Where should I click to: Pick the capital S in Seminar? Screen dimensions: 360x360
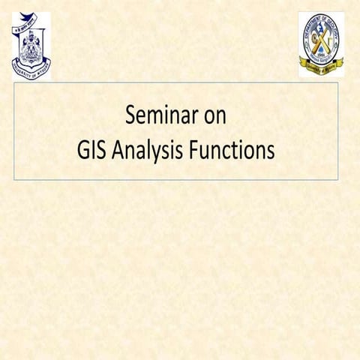[130, 117]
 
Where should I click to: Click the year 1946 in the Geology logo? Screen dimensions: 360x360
[321, 57]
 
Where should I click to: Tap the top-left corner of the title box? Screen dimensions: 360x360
[15, 83]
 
